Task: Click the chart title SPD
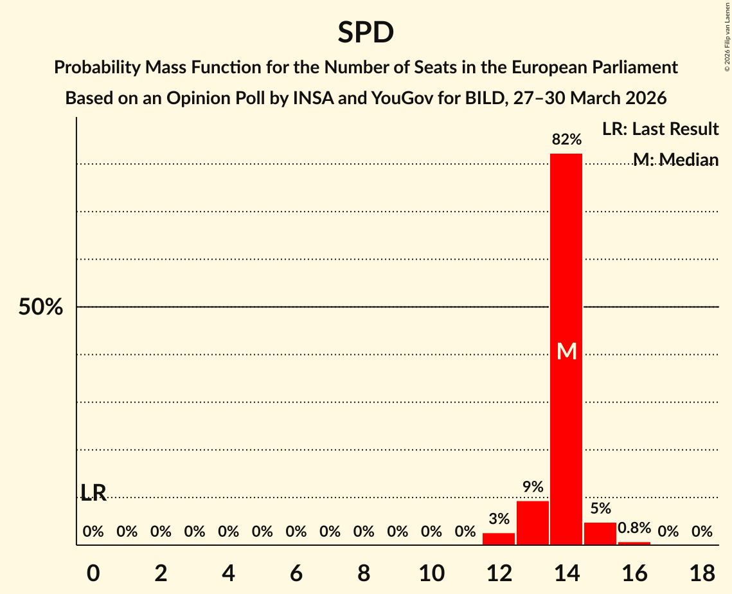click(366, 32)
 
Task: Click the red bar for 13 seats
click(533, 523)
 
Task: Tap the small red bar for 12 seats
click(499, 539)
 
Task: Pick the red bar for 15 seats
click(600, 534)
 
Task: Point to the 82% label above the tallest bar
click(566, 139)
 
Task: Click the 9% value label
click(533, 487)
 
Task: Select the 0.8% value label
click(634, 528)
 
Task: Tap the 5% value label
click(600, 509)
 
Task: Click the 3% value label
click(499, 519)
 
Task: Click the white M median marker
click(566, 351)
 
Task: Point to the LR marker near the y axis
click(94, 492)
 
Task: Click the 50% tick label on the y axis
click(40, 307)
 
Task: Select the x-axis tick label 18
click(702, 572)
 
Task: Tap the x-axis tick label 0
click(94, 572)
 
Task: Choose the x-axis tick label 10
click(431, 572)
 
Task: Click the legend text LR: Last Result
click(660, 129)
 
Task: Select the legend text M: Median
click(675, 159)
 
